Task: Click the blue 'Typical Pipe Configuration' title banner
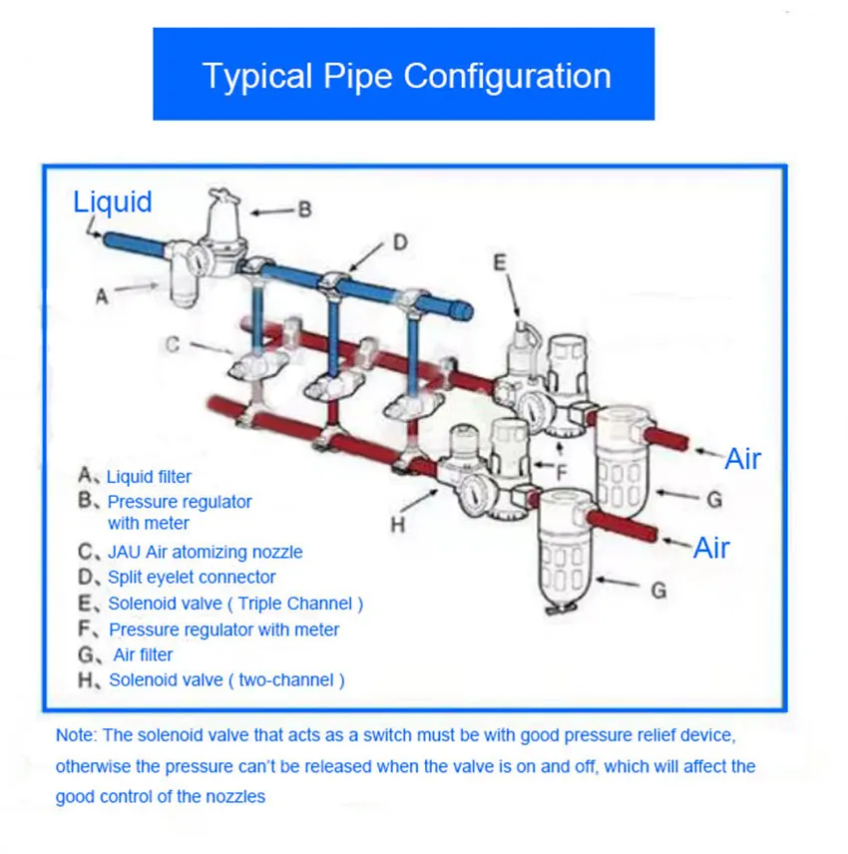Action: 403,75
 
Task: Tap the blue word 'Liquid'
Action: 113,202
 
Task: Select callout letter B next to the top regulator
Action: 305,210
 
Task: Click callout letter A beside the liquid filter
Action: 102,295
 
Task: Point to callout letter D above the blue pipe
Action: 399,242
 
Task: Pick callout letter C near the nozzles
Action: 173,345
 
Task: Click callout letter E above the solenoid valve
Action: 501,262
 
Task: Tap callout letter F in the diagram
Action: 562,472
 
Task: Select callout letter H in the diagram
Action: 397,525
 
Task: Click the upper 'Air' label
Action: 742,459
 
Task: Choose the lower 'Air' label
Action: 711,548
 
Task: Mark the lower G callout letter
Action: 658,591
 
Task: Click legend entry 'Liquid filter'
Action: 149,477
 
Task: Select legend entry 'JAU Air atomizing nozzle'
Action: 205,552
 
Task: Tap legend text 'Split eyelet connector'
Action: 192,578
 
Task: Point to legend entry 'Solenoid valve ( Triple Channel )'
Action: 235,604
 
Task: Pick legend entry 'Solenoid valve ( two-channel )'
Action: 226,680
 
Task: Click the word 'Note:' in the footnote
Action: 76,736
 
